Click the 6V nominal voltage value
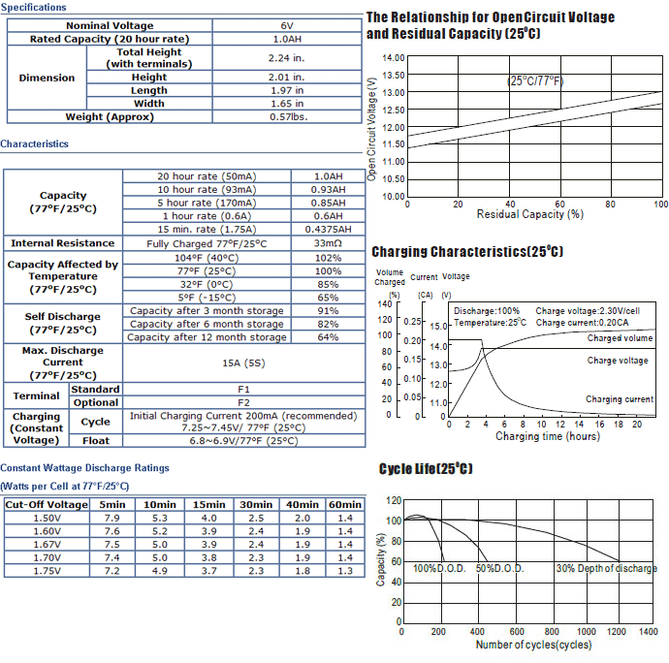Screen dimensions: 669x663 pyautogui.click(x=287, y=25)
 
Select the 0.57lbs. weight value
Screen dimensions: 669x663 pyautogui.click(x=288, y=117)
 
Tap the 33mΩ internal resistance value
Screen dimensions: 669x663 pyautogui.click(x=328, y=243)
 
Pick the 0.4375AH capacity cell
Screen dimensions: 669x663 pyautogui.click(x=328, y=230)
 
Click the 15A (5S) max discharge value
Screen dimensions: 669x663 pyautogui.click(x=243, y=363)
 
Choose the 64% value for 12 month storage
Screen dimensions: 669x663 pyautogui.click(x=328, y=337)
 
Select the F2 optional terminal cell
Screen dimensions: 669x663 pyautogui.click(x=243, y=403)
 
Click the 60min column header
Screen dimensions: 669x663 pyautogui.click(x=345, y=505)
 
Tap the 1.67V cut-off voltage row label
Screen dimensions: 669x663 pyautogui.click(x=47, y=545)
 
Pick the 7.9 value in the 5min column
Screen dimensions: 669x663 pyautogui.click(x=112, y=518)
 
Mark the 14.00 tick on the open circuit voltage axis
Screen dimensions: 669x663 pyautogui.click(x=394, y=58)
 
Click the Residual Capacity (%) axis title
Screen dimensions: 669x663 pyautogui.click(x=530, y=214)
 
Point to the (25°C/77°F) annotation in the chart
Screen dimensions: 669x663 pyautogui.click(x=535, y=81)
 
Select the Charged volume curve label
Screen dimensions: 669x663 pyautogui.click(x=620, y=338)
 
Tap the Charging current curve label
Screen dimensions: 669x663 pyautogui.click(x=620, y=399)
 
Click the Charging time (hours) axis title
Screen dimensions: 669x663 pyautogui.click(x=548, y=436)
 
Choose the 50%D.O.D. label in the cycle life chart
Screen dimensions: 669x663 pyautogui.click(x=499, y=569)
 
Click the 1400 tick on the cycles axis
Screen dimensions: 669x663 pyautogui.click(x=648, y=631)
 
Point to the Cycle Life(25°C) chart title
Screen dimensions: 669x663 pyautogui.click(x=426, y=469)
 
